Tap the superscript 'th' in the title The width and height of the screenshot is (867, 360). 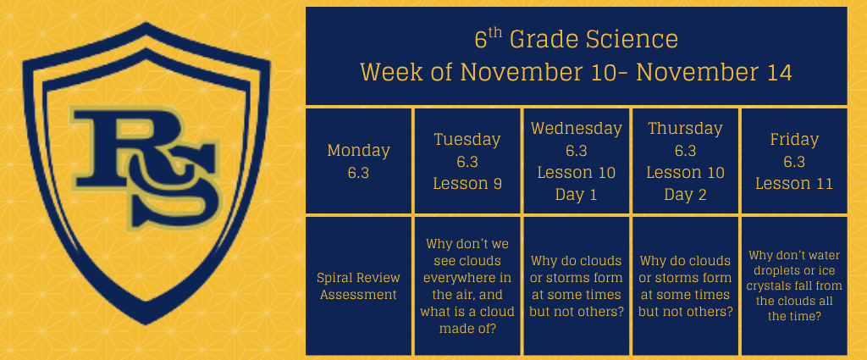click(x=495, y=33)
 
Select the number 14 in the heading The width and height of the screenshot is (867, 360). click(x=779, y=73)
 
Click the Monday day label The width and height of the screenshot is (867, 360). click(x=358, y=151)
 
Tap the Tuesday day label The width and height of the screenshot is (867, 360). click(x=467, y=140)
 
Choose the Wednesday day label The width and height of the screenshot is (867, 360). click(x=576, y=129)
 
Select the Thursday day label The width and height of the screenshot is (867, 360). click(x=685, y=129)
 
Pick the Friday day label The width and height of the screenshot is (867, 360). click(x=794, y=140)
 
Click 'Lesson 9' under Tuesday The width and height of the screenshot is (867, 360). click(x=467, y=184)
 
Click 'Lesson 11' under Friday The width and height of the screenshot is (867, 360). click(x=794, y=184)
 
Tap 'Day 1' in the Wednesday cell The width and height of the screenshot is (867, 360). click(x=576, y=195)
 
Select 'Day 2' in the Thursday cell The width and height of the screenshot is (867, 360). click(x=685, y=195)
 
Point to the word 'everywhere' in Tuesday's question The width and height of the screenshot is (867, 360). click(x=467, y=278)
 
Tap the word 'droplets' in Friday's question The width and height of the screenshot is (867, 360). click(x=770, y=272)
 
